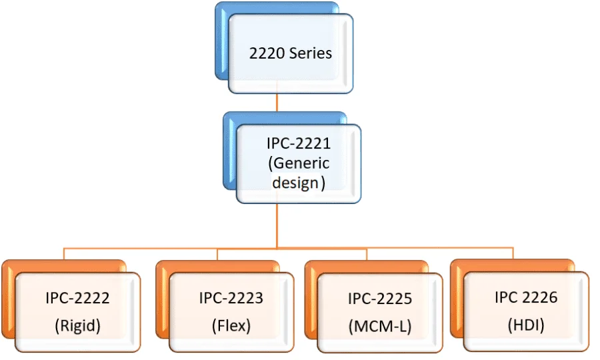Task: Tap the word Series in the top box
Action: tap(310, 53)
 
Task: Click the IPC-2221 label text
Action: tap(298, 143)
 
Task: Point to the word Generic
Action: tap(301, 163)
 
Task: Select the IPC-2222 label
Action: tap(78, 298)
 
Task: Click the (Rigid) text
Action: tap(78, 327)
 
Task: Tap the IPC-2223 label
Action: tap(231, 298)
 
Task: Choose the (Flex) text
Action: tap(231, 327)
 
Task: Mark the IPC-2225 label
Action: tap(380, 298)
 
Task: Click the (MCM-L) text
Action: tap(380, 327)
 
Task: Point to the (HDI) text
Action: tap(526, 325)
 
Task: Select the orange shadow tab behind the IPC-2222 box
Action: tap(8, 300)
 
